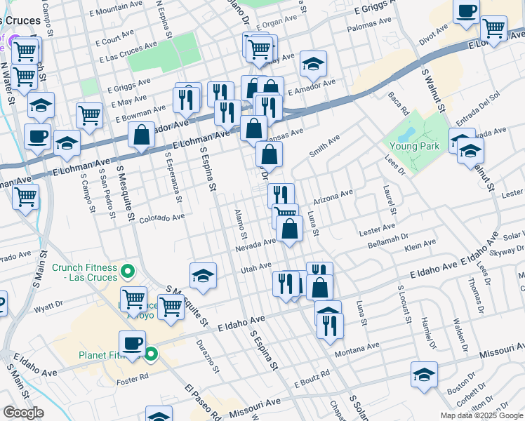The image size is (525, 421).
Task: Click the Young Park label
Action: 416,147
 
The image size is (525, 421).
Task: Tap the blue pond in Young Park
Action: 406,131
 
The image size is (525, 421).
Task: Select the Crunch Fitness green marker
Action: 127,270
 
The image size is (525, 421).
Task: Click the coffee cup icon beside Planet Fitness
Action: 132,344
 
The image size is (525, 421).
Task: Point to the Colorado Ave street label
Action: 161,218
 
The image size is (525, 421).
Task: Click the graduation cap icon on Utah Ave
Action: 203,275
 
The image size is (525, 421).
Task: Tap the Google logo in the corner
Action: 23,413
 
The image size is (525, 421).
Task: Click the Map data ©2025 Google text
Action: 481,415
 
